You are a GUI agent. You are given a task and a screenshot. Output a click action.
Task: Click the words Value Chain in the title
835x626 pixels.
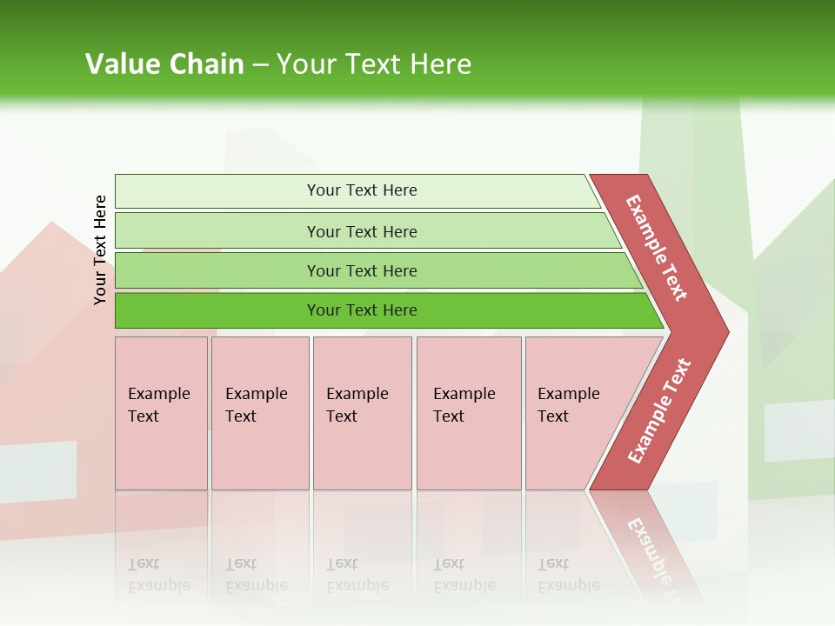click(x=164, y=64)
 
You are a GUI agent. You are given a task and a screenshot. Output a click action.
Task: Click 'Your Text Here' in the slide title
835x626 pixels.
click(x=374, y=64)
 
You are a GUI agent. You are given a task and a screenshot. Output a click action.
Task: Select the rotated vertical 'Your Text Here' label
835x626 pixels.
click(x=101, y=250)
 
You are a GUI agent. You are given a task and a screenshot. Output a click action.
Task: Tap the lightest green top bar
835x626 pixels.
click(x=217, y=191)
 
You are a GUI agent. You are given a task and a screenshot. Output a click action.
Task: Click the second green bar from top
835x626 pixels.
click(x=217, y=231)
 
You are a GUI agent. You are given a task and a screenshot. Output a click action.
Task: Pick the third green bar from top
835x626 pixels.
click(x=217, y=271)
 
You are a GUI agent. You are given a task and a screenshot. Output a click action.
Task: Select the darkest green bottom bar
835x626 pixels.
click(x=217, y=310)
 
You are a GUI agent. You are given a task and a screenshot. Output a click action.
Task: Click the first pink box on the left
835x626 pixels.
click(x=161, y=452)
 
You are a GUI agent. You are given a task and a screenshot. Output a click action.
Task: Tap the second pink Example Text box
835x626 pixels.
click(x=260, y=452)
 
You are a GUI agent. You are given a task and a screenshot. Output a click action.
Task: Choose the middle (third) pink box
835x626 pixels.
click(x=362, y=452)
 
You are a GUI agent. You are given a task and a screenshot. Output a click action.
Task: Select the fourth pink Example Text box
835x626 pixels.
click(x=469, y=452)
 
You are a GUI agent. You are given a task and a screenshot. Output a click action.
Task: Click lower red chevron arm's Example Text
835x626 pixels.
click(x=659, y=410)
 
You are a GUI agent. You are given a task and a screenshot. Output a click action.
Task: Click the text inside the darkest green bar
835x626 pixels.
click(x=362, y=310)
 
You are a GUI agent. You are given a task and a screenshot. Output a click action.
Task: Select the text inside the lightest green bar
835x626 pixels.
click(x=362, y=190)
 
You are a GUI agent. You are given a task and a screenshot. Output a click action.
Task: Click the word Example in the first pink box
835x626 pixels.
click(x=158, y=394)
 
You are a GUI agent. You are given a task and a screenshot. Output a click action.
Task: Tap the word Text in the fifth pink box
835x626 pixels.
click(x=552, y=416)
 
